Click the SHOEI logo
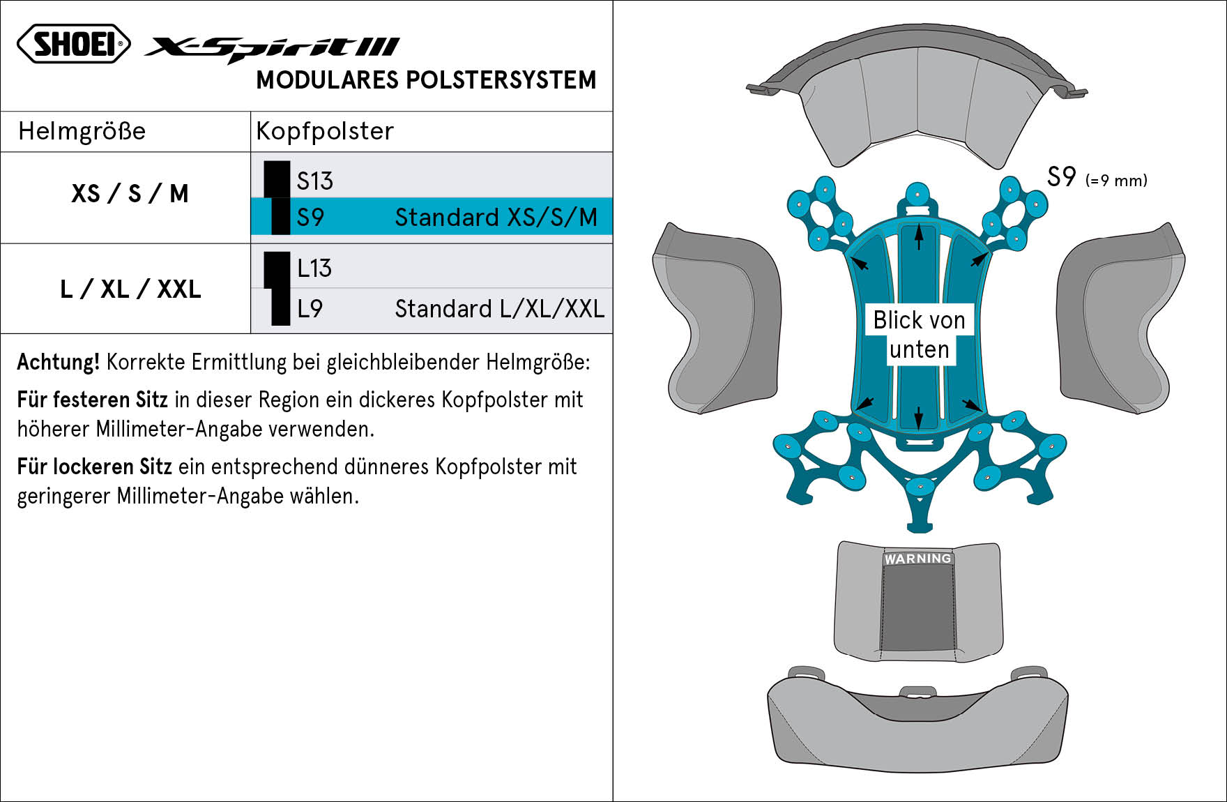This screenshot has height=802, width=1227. coord(74,44)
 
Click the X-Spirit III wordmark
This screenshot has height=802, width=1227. coord(272,49)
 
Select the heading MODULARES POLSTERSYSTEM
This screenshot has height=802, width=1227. coord(426,80)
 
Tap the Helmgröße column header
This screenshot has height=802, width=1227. coord(82,131)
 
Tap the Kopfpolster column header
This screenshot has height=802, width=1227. coord(325,131)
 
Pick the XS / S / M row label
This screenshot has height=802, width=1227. coord(130,193)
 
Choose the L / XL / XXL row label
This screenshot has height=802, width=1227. coord(130,289)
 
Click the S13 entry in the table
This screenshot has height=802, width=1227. coord(314,181)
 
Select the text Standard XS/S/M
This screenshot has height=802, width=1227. coord(496,218)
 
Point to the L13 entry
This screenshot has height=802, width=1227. coord(314,268)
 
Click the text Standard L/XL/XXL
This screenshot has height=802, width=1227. coord(499,309)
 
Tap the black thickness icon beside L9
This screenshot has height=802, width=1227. coord(280,307)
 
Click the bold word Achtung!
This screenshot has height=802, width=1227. coord(59,362)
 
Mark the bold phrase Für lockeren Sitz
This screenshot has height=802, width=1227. coord(94,467)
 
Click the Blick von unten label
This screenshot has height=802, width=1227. coord(919,335)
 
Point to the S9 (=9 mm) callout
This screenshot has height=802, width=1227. coord(1097,177)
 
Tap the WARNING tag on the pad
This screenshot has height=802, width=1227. coord(917,559)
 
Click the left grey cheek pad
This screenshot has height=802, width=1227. coord(717,319)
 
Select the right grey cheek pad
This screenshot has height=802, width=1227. coord(1121,319)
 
